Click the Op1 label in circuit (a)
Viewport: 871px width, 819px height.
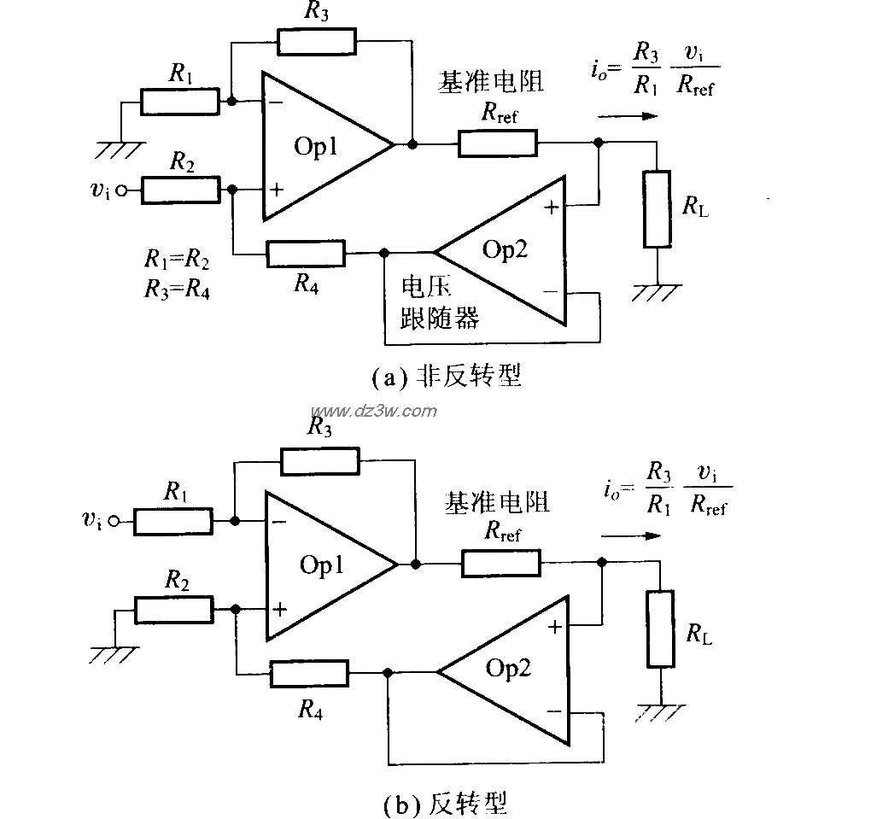317,146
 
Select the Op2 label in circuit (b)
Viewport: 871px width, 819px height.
509,668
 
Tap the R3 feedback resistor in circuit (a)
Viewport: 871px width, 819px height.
315,41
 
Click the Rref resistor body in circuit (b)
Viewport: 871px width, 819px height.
501,564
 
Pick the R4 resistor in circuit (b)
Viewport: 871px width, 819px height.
309,673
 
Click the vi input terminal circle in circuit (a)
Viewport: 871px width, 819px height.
121,191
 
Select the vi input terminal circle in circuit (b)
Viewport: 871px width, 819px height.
122,520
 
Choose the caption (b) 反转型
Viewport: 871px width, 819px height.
445,803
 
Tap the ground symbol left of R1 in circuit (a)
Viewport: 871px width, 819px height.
120,151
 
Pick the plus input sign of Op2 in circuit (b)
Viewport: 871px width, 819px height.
555,626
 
